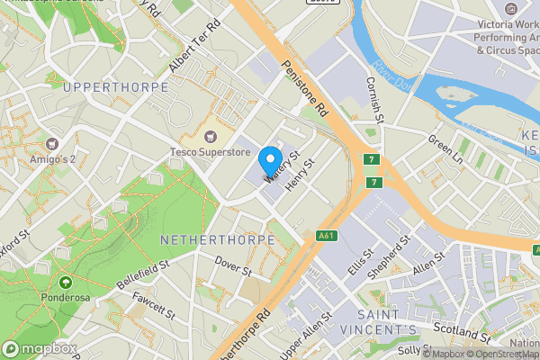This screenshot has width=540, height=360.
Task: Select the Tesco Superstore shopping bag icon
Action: pyautogui.click(x=211, y=137)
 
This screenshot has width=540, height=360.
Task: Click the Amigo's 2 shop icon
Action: pyautogui.click(x=52, y=144)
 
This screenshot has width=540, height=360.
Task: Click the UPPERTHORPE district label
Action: pyautogui.click(x=116, y=87)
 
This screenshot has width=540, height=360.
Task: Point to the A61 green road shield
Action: pyautogui.click(x=327, y=236)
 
